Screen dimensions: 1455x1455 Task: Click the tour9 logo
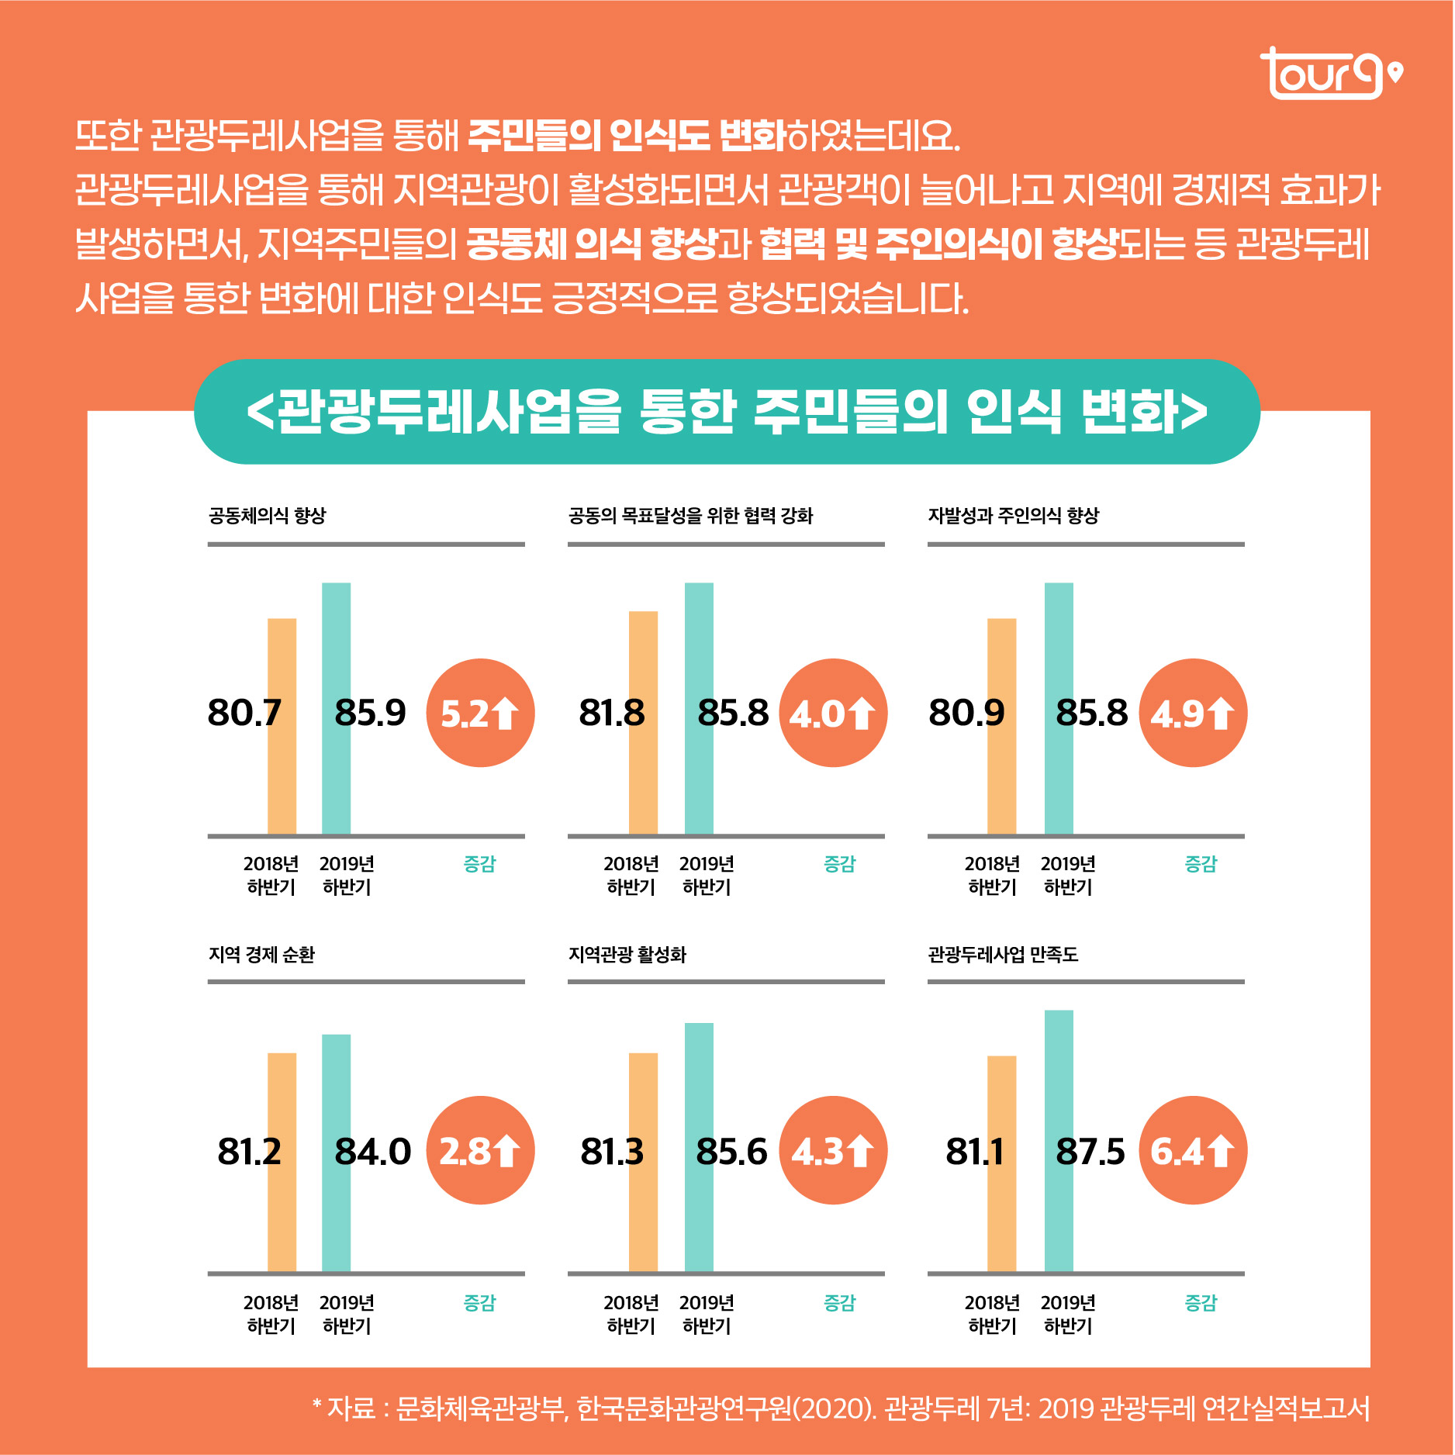(1329, 74)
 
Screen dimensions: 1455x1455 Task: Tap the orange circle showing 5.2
(480, 713)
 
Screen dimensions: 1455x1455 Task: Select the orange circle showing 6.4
(1193, 1150)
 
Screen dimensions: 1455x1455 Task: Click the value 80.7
(244, 713)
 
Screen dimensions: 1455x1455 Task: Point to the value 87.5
(1090, 1152)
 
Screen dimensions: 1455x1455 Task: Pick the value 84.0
(372, 1152)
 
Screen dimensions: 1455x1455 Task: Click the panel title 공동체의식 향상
(267, 516)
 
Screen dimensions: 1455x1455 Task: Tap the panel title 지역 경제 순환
(261, 955)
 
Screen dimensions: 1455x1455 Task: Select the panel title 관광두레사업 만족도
(1003, 955)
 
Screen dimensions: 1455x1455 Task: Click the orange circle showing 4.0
(833, 713)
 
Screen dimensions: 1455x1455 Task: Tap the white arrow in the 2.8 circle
(507, 1151)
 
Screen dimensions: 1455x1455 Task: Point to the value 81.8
(611, 713)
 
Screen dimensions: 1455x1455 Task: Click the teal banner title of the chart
(727, 411)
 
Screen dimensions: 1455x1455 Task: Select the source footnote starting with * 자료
(841, 1408)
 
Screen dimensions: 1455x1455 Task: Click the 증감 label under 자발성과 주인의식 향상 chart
(1201, 864)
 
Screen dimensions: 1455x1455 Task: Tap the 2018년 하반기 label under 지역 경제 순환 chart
(271, 1314)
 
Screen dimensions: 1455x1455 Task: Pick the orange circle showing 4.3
(833, 1150)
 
